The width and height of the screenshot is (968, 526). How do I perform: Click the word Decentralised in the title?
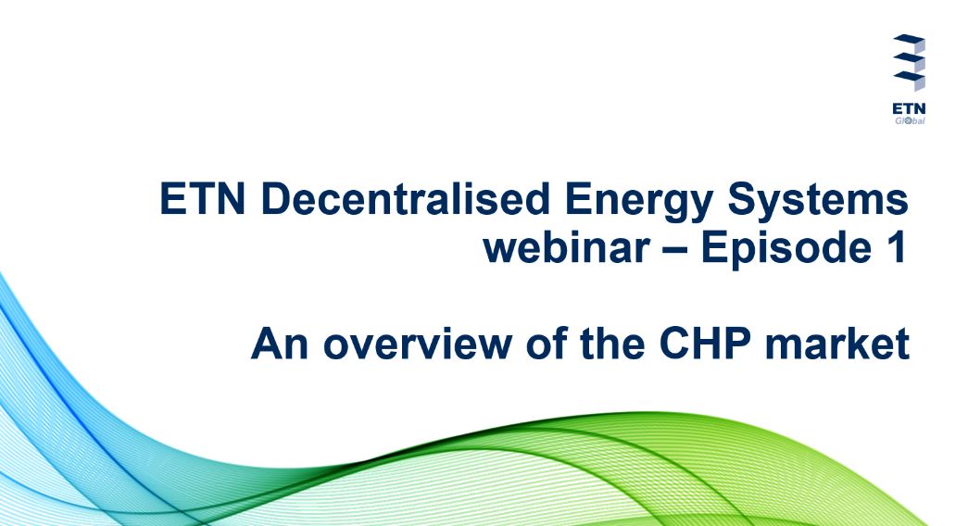[405, 199]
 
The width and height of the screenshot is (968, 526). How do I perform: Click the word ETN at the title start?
[203, 199]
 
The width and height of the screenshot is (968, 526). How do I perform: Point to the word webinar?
[567, 247]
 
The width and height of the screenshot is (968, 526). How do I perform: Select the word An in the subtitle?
[280, 344]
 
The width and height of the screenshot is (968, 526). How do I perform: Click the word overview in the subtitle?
[417, 344]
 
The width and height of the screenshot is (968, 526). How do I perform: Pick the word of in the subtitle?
[547, 343]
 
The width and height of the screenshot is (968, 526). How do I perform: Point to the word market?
[837, 344]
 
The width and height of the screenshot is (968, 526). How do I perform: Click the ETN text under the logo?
[909, 108]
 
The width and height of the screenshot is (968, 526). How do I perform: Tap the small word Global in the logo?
[910, 120]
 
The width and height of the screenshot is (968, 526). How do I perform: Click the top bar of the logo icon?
[910, 42]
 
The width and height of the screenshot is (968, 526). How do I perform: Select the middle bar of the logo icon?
[910, 60]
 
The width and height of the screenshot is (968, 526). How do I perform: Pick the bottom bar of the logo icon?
[910, 79]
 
